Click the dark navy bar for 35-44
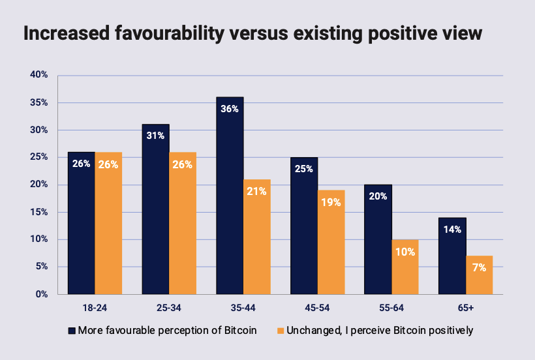point(230,196)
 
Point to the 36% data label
point(230,110)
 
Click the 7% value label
point(479,268)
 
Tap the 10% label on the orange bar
point(405,252)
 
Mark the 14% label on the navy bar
point(452,230)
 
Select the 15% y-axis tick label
point(39,212)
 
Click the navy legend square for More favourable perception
point(71,330)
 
